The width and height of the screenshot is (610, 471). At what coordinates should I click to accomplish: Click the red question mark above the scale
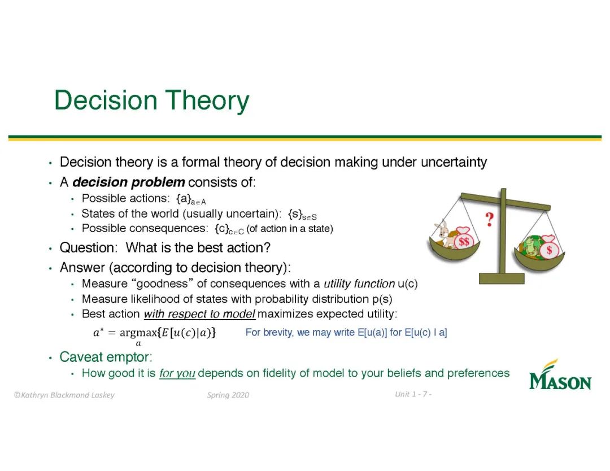click(489, 220)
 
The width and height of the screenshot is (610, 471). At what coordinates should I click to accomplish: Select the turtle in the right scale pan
click(530, 247)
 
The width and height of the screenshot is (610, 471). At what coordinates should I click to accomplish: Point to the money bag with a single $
click(549, 247)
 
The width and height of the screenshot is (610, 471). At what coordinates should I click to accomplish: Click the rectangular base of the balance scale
click(502, 278)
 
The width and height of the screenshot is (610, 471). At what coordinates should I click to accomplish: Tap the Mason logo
click(560, 375)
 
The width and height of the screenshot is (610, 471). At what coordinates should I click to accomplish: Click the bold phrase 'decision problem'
click(128, 182)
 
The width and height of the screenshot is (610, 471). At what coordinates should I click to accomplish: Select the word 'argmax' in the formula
click(138, 333)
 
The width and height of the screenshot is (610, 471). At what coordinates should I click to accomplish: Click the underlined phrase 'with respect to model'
click(199, 314)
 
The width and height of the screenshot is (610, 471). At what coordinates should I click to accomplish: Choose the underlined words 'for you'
click(177, 373)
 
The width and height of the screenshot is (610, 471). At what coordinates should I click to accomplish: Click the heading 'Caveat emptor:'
click(106, 357)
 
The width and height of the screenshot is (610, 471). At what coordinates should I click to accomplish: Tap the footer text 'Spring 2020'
click(228, 395)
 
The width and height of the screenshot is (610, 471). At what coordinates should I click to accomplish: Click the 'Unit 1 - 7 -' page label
click(413, 394)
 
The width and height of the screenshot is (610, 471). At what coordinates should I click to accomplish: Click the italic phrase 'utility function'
click(359, 284)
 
